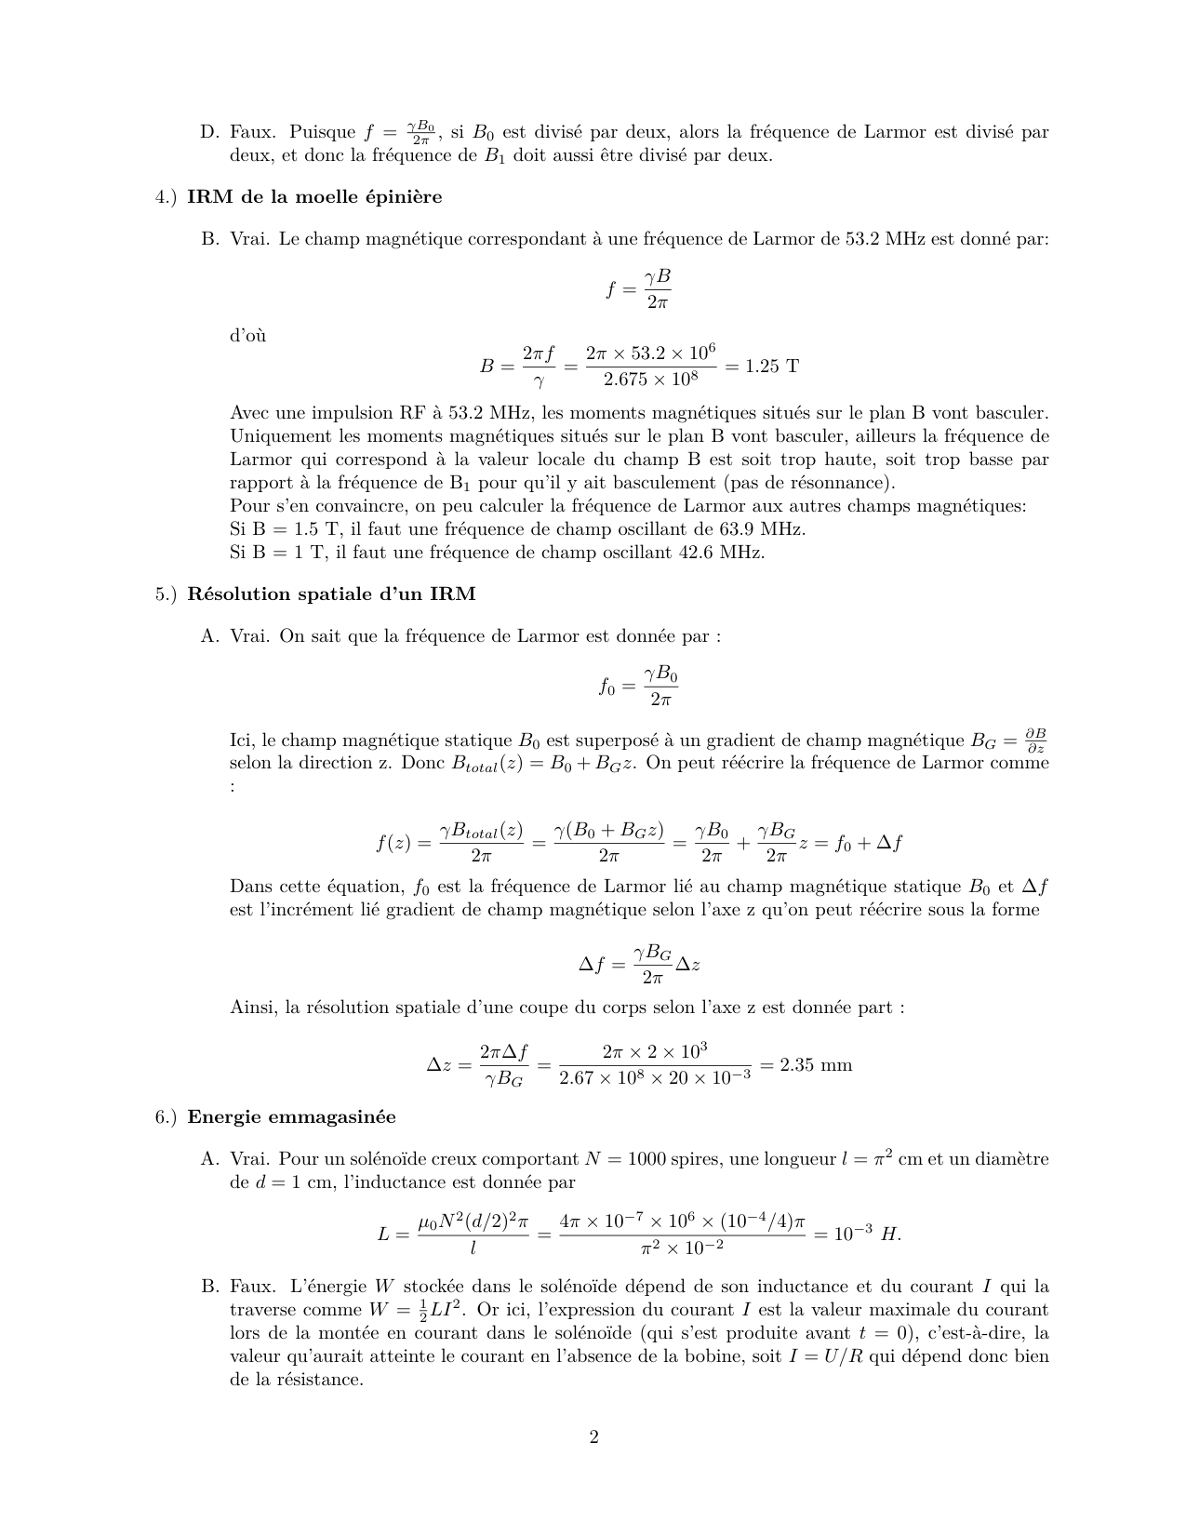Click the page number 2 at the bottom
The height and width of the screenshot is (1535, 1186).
(x=593, y=1437)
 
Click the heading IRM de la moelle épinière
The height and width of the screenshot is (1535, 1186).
(x=314, y=196)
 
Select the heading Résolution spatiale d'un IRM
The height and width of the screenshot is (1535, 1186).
(x=331, y=594)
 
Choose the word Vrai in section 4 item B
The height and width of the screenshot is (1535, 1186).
(x=250, y=239)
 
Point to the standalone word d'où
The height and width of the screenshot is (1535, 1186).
(x=247, y=336)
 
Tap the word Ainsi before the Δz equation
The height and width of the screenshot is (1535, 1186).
(x=251, y=1007)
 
